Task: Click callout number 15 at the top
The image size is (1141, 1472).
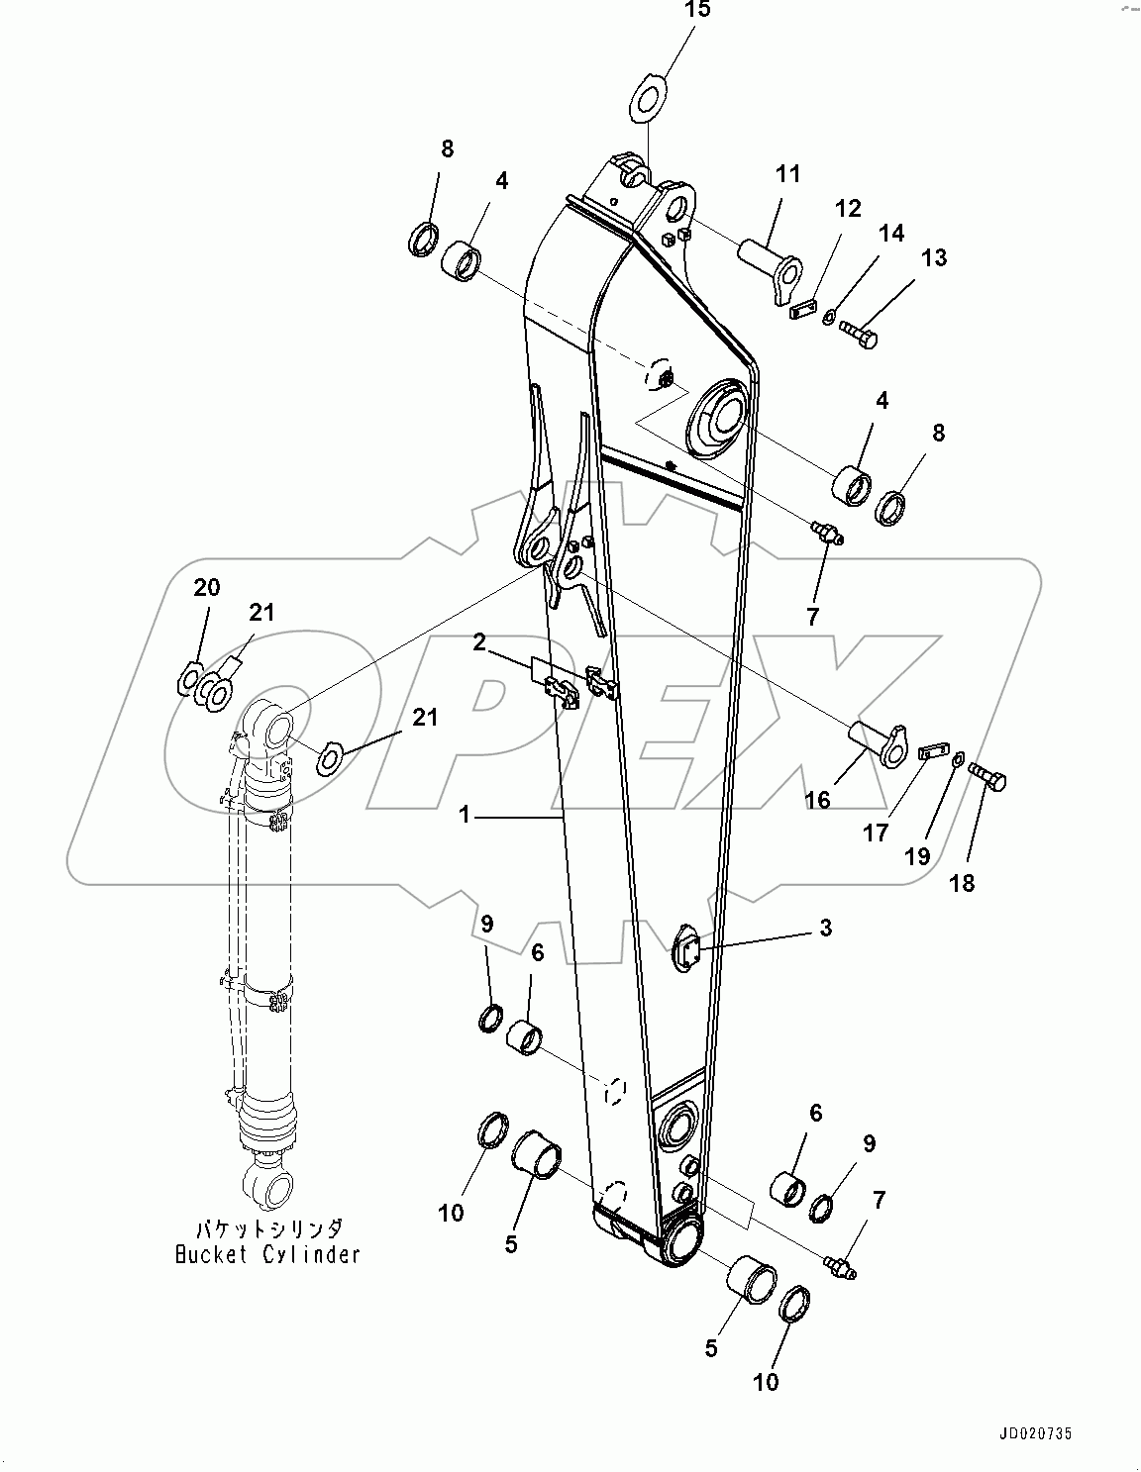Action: [697, 12]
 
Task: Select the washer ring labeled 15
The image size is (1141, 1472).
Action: [649, 97]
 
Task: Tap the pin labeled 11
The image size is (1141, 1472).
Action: [772, 264]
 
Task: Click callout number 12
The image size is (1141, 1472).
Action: [848, 209]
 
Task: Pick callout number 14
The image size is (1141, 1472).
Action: [890, 234]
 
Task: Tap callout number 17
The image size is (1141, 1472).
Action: [876, 834]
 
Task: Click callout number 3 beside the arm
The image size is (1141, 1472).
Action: [825, 928]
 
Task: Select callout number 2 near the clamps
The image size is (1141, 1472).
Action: [479, 642]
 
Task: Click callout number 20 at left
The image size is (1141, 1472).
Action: [206, 587]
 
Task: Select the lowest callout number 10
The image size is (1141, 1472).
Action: [766, 1381]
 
